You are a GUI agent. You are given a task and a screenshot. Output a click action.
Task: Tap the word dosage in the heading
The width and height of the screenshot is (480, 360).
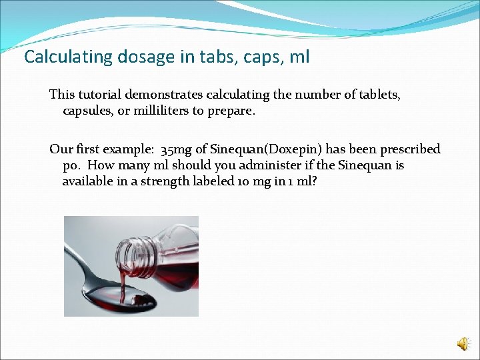127,57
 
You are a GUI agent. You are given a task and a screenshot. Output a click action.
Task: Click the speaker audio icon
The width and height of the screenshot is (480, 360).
463,343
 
